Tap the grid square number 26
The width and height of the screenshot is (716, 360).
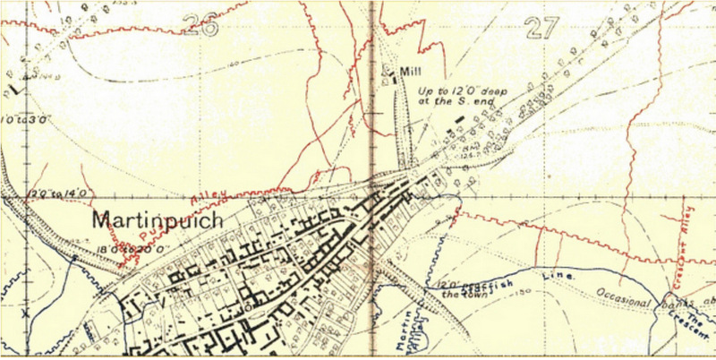[x=199, y=24]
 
